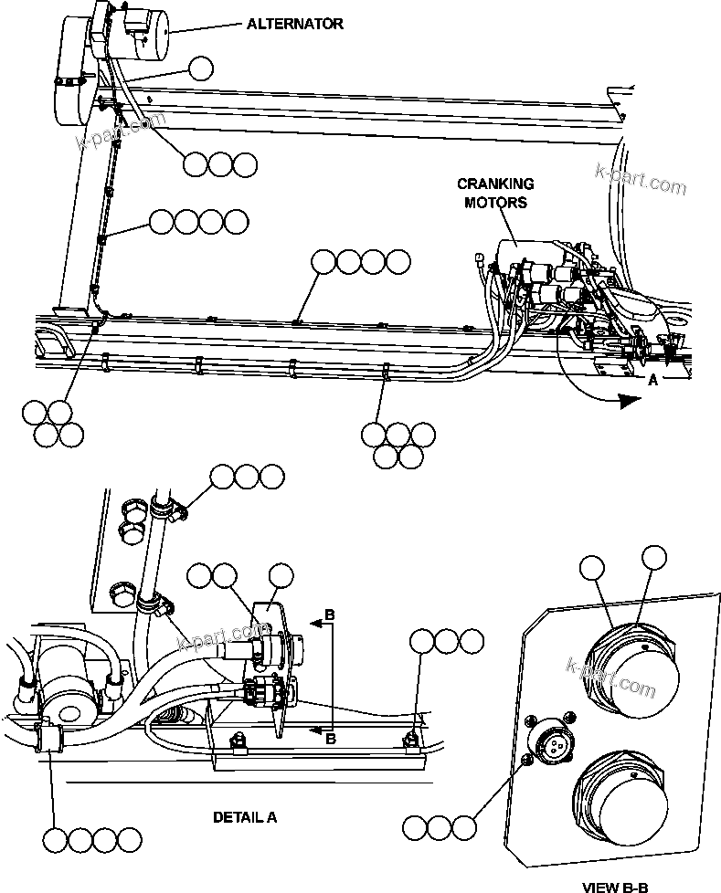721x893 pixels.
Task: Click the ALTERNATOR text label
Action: [295, 25]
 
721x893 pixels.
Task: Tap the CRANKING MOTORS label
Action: [495, 193]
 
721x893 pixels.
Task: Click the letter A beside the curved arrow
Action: [652, 383]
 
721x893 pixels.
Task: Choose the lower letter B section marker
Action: [331, 738]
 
